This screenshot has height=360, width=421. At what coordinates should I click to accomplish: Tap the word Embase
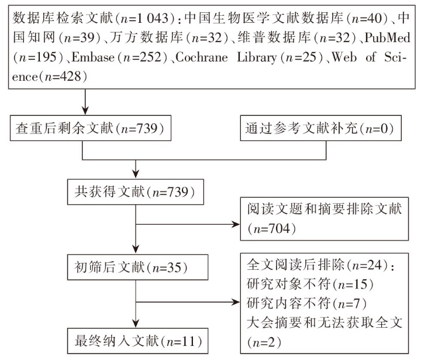93,57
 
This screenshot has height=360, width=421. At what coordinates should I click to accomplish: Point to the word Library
257,57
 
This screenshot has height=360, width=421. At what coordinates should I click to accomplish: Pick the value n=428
63,77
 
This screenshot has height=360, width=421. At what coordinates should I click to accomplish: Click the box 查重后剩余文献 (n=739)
91,128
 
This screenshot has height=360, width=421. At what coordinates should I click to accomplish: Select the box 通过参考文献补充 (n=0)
320,128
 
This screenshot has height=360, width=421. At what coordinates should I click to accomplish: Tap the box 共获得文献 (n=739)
135,192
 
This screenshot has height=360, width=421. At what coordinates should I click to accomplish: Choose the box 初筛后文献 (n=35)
137,268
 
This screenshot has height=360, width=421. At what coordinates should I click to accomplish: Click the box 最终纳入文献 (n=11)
137,341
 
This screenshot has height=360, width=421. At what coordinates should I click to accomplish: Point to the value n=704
272,229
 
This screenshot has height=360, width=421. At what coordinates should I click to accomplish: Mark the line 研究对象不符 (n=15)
310,284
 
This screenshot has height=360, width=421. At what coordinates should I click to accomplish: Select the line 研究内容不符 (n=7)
306,304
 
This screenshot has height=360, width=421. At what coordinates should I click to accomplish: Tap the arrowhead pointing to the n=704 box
236,224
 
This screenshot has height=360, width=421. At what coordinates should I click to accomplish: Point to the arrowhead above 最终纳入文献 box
136,324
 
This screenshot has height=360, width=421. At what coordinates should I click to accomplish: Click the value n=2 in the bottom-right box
264,342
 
